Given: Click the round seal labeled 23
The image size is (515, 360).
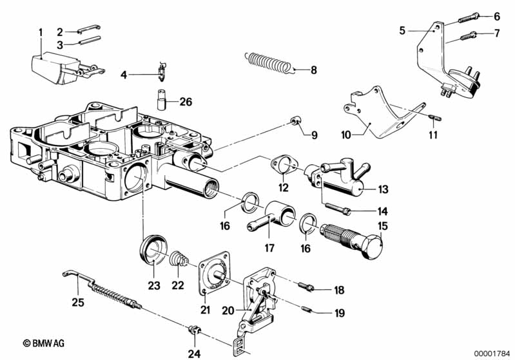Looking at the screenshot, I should [x=153, y=250].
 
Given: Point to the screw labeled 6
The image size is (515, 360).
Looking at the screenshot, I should [x=467, y=19].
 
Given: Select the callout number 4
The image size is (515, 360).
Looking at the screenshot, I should [x=124, y=75].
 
